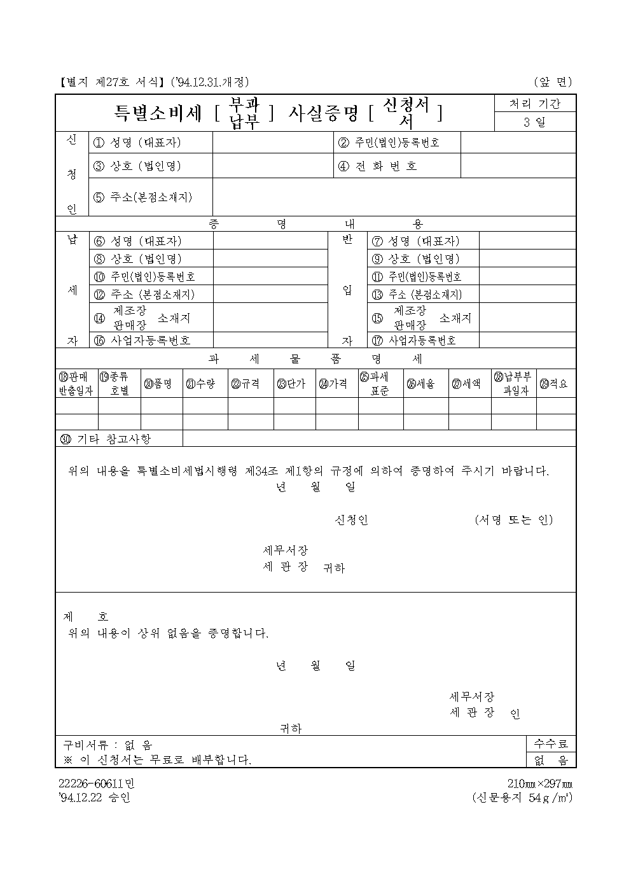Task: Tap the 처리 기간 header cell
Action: coord(535,104)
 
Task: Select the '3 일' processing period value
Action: coord(535,122)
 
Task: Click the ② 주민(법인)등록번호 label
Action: coord(389,143)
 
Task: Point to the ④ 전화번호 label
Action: coord(378,166)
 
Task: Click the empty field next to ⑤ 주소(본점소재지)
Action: coord(394,197)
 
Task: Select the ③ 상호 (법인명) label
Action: coord(137,166)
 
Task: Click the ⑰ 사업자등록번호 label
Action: coord(414,341)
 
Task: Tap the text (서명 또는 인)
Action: coord(514,520)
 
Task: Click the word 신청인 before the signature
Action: coord(351,520)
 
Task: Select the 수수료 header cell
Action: coord(551,743)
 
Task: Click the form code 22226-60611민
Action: coord(97,784)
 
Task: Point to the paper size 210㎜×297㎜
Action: coord(540,784)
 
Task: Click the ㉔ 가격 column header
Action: coord(333,384)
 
